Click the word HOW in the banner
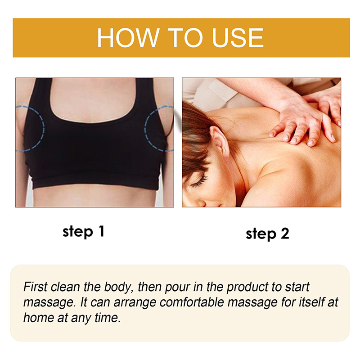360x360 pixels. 128,38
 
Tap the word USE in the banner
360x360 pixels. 238,38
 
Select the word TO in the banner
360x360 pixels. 185,38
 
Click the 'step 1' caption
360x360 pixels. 84,231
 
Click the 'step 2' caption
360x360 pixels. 267,234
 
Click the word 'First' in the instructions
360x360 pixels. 36,287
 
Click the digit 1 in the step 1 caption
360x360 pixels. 102,231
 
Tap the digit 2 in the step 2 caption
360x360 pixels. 284,234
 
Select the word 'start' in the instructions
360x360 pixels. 297,288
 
